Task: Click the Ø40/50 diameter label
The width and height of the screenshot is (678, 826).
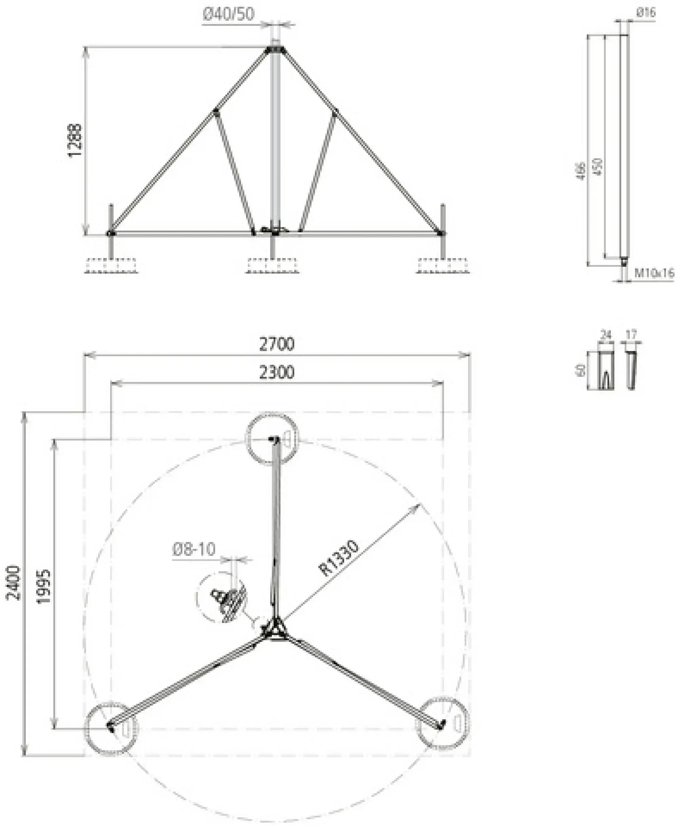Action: click(228, 14)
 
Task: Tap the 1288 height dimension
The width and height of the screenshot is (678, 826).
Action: click(75, 140)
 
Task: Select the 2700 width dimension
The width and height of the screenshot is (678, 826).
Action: click(277, 344)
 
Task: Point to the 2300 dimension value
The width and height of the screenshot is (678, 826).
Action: click(277, 372)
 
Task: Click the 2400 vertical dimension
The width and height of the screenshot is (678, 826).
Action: click(14, 583)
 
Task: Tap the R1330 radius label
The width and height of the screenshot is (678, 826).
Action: click(338, 559)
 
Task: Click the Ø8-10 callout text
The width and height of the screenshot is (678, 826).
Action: click(194, 549)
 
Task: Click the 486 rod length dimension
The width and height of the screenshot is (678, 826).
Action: click(581, 171)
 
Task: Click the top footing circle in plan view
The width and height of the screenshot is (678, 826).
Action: click(272, 439)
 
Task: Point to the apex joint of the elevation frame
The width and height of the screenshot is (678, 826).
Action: click(275, 50)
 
